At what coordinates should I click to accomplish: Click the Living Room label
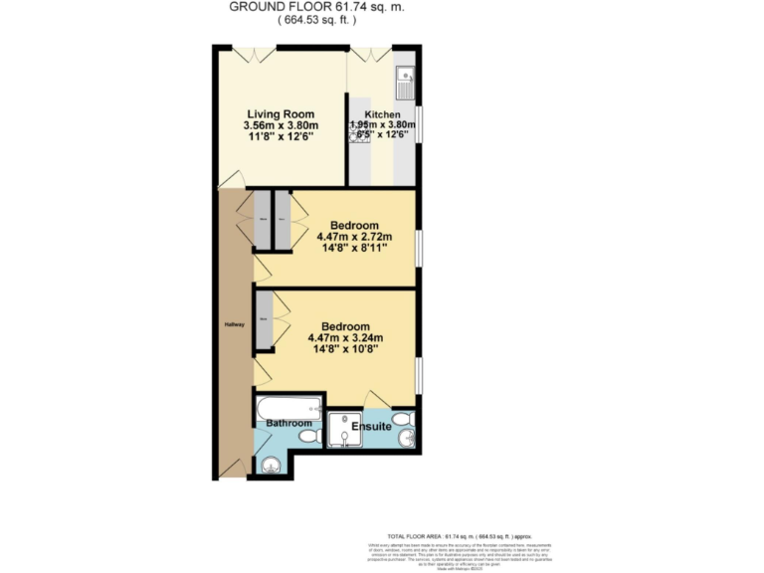[x=282, y=114]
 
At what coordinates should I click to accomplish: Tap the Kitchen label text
[x=381, y=114]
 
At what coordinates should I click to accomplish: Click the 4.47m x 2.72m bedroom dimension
[x=354, y=237]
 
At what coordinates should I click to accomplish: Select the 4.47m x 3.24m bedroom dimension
[x=346, y=338]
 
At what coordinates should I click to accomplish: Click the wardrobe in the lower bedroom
[x=263, y=320]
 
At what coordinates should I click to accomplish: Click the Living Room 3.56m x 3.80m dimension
[x=282, y=126]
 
